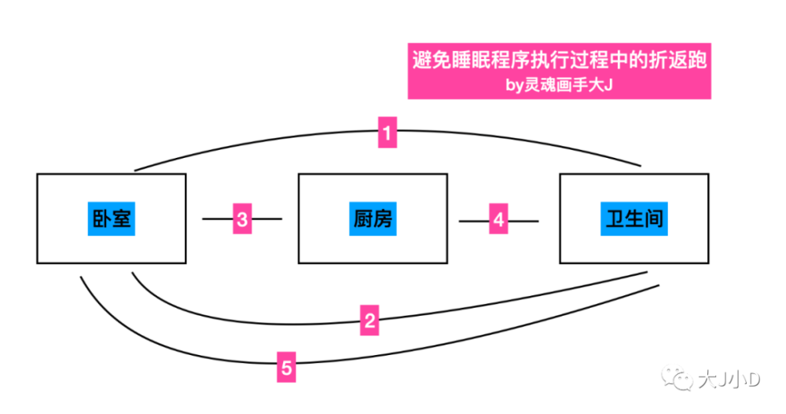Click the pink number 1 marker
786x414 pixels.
tap(387, 132)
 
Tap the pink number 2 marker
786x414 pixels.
tap(371, 320)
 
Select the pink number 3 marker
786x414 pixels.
tap(243, 219)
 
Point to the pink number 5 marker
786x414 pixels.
tap(286, 366)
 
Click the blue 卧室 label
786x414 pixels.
tap(112, 219)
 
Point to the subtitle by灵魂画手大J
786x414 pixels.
tap(559, 85)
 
